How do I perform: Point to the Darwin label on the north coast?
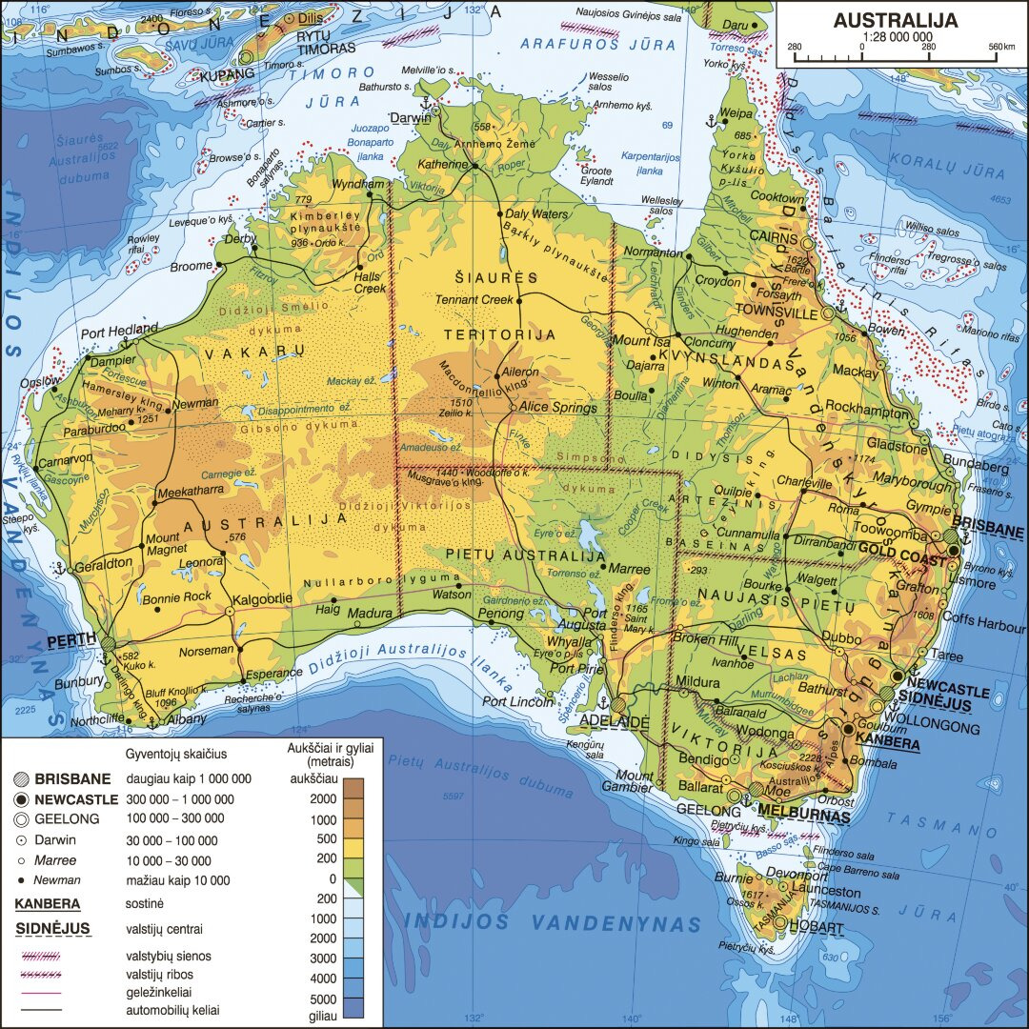pyautogui.click(x=409, y=118)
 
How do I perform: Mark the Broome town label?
pyautogui.click(x=191, y=267)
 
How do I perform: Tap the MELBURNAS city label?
pyautogui.click(x=805, y=817)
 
